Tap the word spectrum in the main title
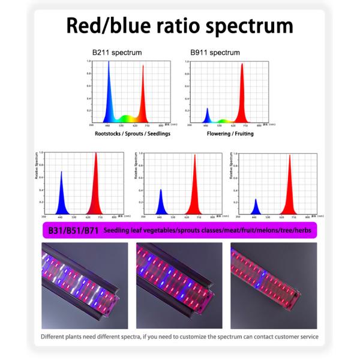[x=244, y=27]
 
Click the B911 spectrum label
[x=215, y=53]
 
